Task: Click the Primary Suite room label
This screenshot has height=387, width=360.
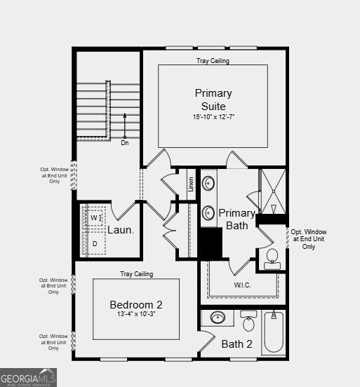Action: (213, 99)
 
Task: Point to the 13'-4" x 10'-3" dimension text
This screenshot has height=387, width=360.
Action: (136, 315)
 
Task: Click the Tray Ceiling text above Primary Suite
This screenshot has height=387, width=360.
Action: (212, 61)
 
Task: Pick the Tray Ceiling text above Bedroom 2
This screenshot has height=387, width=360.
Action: (136, 274)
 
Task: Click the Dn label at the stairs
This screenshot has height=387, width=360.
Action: (124, 143)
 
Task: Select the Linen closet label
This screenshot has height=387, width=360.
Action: (191, 184)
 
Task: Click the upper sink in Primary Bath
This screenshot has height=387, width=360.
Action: (209, 184)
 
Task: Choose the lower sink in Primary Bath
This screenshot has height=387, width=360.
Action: (209, 212)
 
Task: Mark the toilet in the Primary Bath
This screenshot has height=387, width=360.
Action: (272, 257)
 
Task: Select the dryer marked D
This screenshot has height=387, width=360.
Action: (94, 243)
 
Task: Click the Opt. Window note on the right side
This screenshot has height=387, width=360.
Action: (309, 239)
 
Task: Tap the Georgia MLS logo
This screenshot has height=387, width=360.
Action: (29, 379)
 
